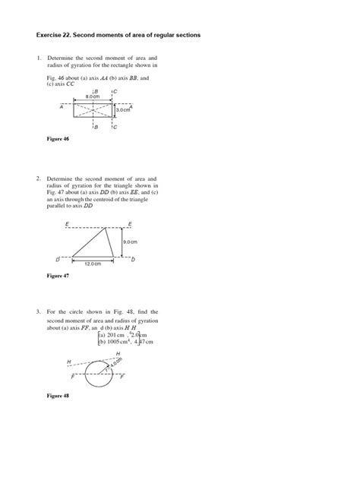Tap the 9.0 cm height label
pyautogui.click(x=130, y=241)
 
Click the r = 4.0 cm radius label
pyautogui.click(x=116, y=364)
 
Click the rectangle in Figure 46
pyautogui.click(x=93, y=111)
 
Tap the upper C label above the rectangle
pyautogui.click(x=114, y=92)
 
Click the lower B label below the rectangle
pyautogui.click(x=95, y=128)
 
